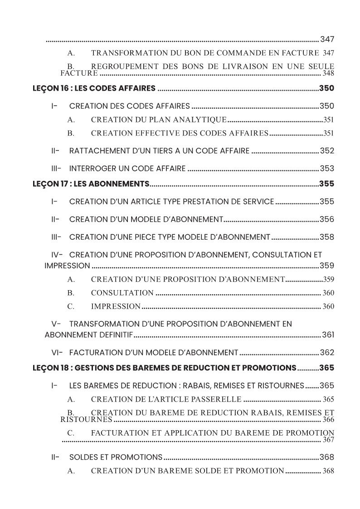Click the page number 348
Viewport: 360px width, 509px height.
[328, 73]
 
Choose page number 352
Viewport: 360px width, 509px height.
[327, 151]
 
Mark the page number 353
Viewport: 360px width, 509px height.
[327, 169]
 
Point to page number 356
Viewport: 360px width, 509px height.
[327, 219]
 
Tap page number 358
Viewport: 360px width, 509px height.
[327, 237]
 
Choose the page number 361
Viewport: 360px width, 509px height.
[328, 335]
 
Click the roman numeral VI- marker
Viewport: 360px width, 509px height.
[57, 352]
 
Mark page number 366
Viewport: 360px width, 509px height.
[328, 420]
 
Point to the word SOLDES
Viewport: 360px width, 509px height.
[83, 457]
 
